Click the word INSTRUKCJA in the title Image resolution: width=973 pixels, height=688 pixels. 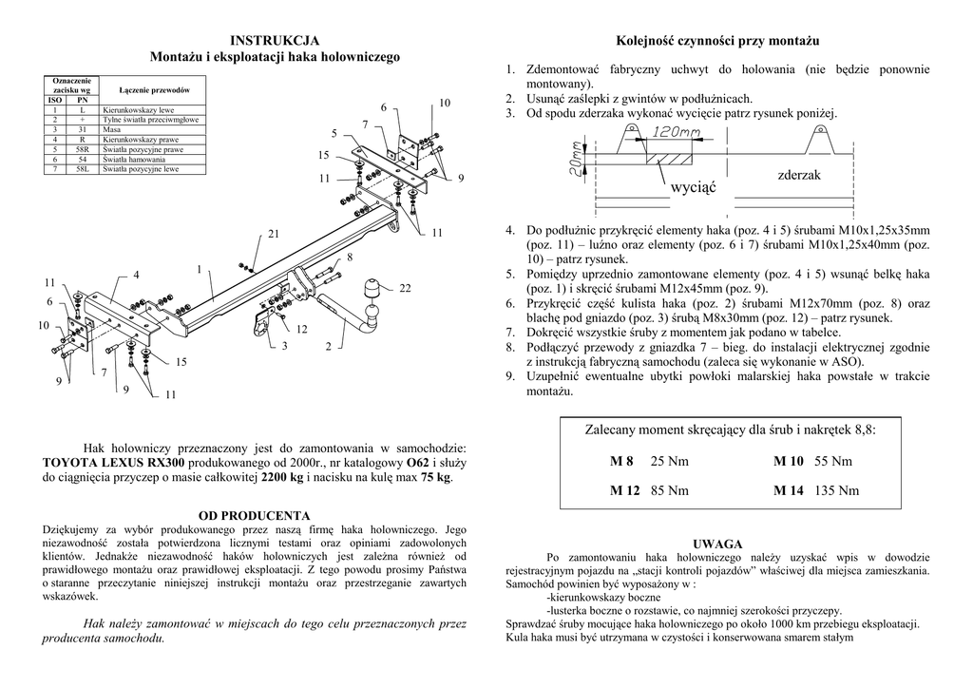[x=275, y=41]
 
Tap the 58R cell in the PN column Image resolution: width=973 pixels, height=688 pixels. [x=83, y=150]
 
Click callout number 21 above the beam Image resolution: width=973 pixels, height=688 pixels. [x=274, y=234]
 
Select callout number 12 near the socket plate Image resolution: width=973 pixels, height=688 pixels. [x=302, y=329]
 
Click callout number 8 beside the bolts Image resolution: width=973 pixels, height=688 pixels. [x=350, y=258]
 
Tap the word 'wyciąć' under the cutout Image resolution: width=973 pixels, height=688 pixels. [x=693, y=187]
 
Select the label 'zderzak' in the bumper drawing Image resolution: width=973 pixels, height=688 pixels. [x=798, y=176]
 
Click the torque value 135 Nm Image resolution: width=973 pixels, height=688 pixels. [x=837, y=490]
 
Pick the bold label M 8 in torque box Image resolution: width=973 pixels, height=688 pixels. [x=621, y=462]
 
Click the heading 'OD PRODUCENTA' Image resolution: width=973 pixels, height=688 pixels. [x=255, y=515]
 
